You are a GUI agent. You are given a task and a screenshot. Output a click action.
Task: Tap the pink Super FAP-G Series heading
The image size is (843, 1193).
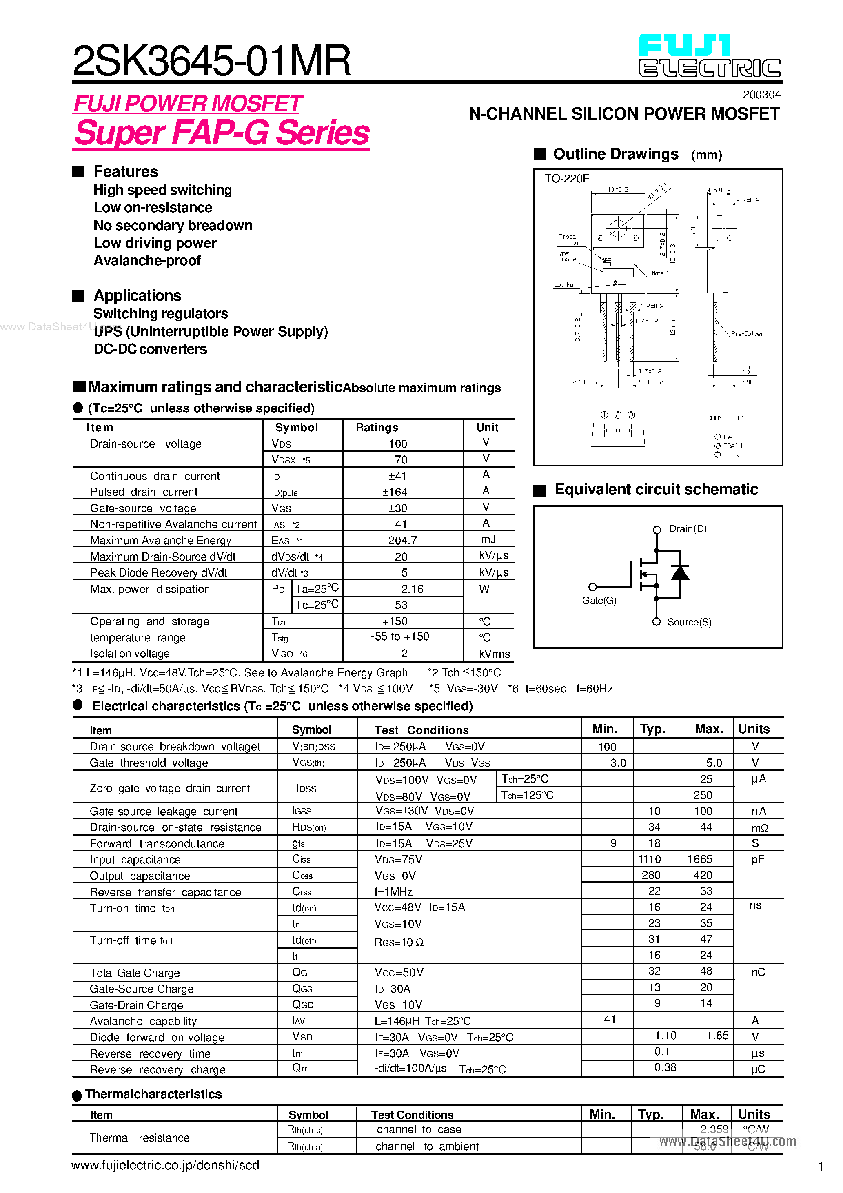tap(222, 133)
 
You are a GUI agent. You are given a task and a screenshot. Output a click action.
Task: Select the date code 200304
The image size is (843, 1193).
tap(761, 95)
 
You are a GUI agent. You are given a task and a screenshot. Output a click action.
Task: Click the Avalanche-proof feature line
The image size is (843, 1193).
tap(147, 261)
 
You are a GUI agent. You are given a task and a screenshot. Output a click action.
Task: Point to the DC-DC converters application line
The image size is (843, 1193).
tap(150, 349)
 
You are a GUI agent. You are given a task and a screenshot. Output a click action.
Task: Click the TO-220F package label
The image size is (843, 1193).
tap(566, 179)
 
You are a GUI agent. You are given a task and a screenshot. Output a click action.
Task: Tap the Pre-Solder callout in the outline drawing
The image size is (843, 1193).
tap(747, 334)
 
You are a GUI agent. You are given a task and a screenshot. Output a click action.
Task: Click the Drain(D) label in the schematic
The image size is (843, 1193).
tap(688, 529)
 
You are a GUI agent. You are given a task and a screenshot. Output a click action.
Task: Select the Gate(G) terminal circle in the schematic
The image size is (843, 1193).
tap(592, 587)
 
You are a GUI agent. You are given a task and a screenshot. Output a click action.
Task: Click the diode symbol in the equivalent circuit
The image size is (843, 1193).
tap(680, 572)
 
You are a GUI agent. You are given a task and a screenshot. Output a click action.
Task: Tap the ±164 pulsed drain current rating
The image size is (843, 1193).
tap(395, 492)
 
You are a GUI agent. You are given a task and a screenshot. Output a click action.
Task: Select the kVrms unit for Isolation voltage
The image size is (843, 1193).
tap(494, 654)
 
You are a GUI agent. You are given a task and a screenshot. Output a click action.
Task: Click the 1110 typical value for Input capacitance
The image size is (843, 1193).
tap(650, 859)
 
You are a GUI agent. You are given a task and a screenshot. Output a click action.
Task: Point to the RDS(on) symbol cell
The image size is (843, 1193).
tap(309, 827)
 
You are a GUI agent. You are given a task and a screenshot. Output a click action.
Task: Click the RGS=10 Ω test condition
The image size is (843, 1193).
tap(399, 942)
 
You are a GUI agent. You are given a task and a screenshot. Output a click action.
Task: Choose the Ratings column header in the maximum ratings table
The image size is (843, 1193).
tap(377, 428)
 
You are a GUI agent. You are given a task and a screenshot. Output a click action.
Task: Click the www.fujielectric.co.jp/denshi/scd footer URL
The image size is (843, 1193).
tap(165, 1166)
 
